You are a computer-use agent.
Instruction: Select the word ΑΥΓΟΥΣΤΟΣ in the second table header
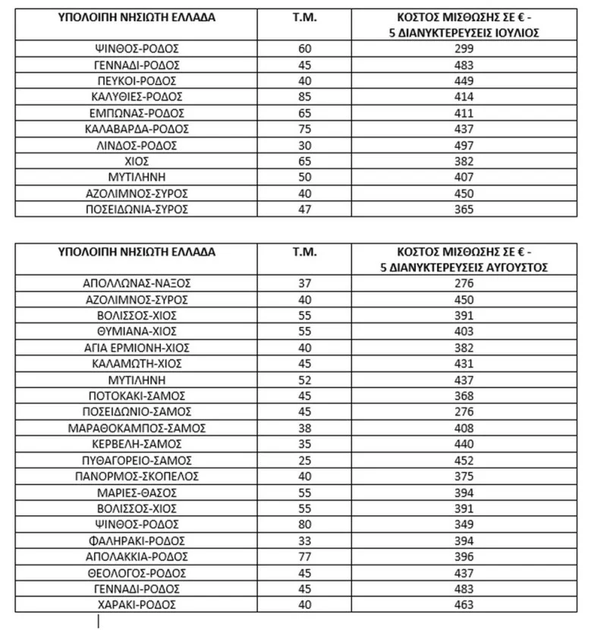pos(517,267)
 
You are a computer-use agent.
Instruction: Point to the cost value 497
pos(464,145)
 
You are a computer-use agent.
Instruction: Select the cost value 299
pos(464,49)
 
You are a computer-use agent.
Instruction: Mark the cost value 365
pos(464,209)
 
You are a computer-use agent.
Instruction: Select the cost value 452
pos(464,460)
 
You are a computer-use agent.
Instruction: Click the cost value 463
pos(464,605)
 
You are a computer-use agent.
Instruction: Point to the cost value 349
pos(464,524)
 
